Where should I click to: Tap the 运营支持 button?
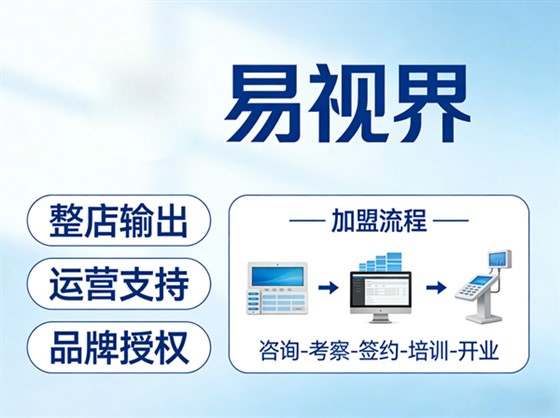click(117, 285)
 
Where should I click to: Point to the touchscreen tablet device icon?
click(275, 287)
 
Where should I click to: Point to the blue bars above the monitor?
click(380, 262)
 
